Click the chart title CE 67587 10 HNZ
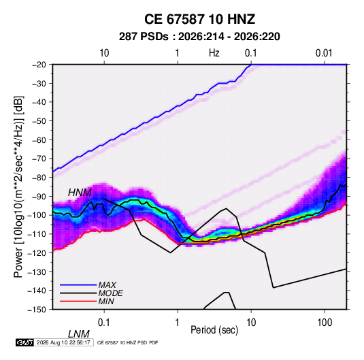[199, 19]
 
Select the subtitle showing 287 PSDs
[199, 37]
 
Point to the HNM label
[80, 193]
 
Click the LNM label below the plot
[78, 334]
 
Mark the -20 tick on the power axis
[39, 65]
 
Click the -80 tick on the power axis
[39, 178]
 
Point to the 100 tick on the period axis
[325, 323]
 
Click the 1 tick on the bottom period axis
[177, 323]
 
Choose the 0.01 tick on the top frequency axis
[324, 53]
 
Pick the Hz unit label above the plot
[214, 53]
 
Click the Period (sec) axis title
[214, 330]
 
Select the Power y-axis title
[18, 186]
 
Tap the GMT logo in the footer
[24, 342]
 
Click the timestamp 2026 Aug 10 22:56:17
[63, 342]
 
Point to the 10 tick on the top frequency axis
[104, 53]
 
